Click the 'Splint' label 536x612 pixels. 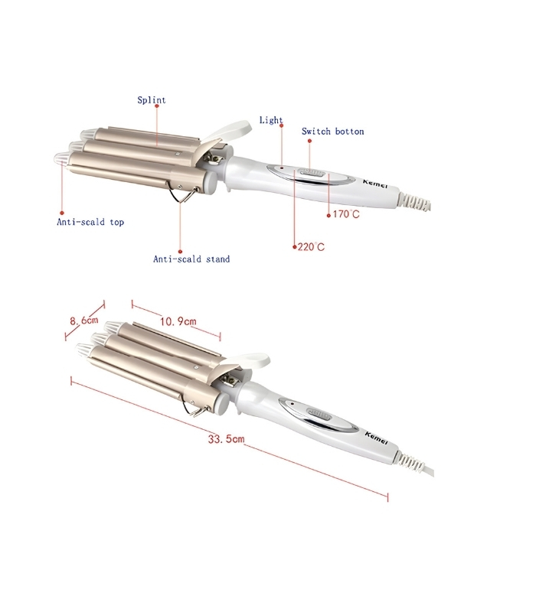(152, 100)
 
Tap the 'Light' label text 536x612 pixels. (271, 120)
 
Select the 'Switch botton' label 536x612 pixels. (333, 132)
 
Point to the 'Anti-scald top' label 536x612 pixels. (90, 222)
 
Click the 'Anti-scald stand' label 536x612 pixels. (191, 259)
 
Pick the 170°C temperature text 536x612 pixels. (346, 214)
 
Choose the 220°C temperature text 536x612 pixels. (311, 246)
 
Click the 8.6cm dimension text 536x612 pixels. (84, 321)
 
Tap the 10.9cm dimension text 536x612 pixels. (178, 321)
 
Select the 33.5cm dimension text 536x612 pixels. (226, 438)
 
